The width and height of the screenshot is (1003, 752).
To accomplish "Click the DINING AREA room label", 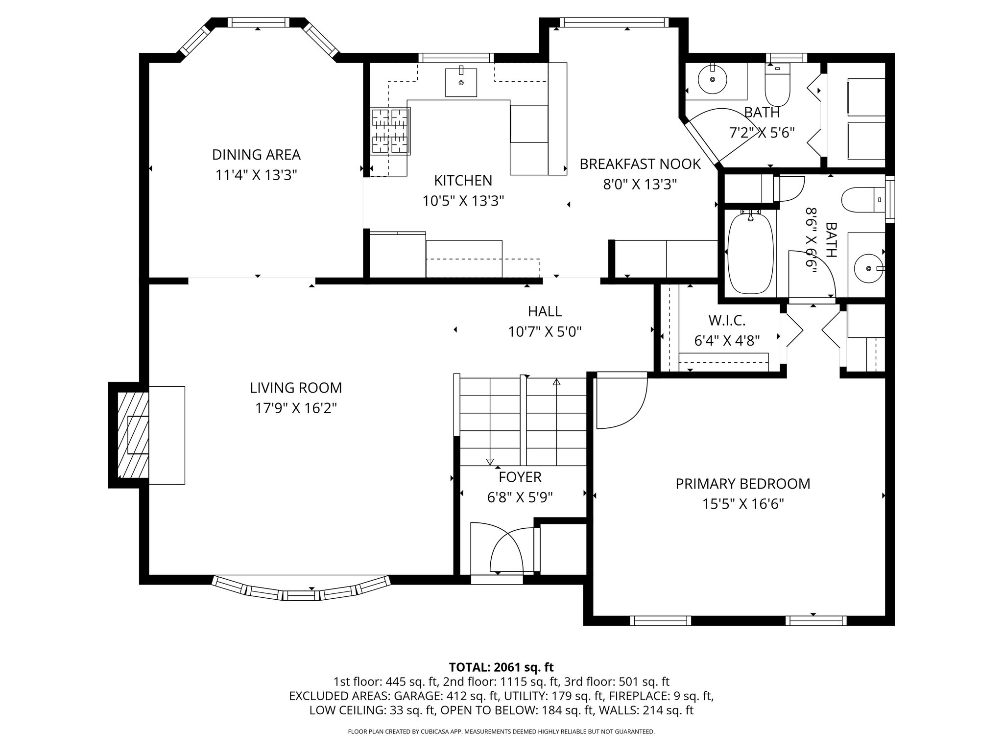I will pos(256,155).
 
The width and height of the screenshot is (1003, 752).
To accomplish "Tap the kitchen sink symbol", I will pos(461,83).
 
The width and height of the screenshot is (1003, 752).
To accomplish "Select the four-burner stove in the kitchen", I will pos(390,131).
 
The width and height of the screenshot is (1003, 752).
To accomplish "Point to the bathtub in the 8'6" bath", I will pos(750,254).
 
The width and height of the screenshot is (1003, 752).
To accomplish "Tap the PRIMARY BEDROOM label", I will pos(742,484).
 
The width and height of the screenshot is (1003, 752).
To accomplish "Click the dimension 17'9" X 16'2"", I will pos(296,408).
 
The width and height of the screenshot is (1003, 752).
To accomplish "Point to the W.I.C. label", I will pos(727,321).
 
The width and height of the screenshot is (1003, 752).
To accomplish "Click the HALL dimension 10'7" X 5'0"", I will pos(545,332).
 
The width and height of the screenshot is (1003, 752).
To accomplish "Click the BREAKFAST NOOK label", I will pos(640,164).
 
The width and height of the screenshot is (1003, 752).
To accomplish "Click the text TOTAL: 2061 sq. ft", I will pos(501,667).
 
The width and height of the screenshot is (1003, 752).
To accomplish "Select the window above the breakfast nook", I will pos(614,22).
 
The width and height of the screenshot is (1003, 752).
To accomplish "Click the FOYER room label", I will pos(520,477).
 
